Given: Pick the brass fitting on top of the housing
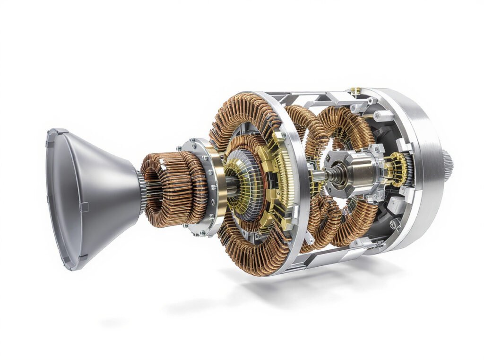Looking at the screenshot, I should [356, 90].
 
